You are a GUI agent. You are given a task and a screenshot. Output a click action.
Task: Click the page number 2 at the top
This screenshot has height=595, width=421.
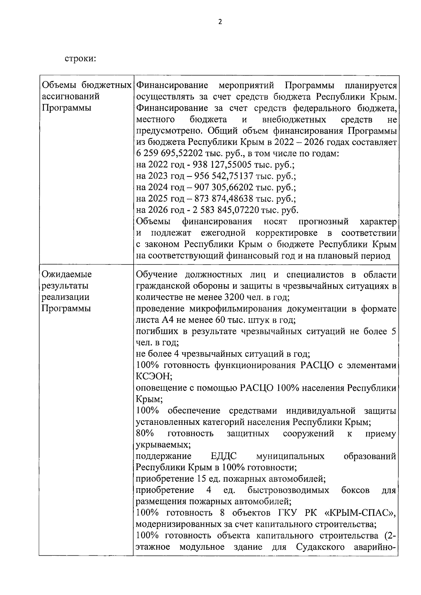click(220, 22)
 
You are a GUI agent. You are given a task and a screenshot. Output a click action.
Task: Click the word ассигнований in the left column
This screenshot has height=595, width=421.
click(71, 96)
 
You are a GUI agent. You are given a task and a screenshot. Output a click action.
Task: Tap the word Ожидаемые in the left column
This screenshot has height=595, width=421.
click(67, 274)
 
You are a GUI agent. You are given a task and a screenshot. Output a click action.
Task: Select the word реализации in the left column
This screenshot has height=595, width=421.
click(66, 297)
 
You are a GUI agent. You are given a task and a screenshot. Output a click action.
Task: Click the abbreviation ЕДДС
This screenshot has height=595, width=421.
click(223, 456)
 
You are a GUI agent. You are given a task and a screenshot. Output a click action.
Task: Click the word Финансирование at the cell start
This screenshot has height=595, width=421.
click(172, 85)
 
